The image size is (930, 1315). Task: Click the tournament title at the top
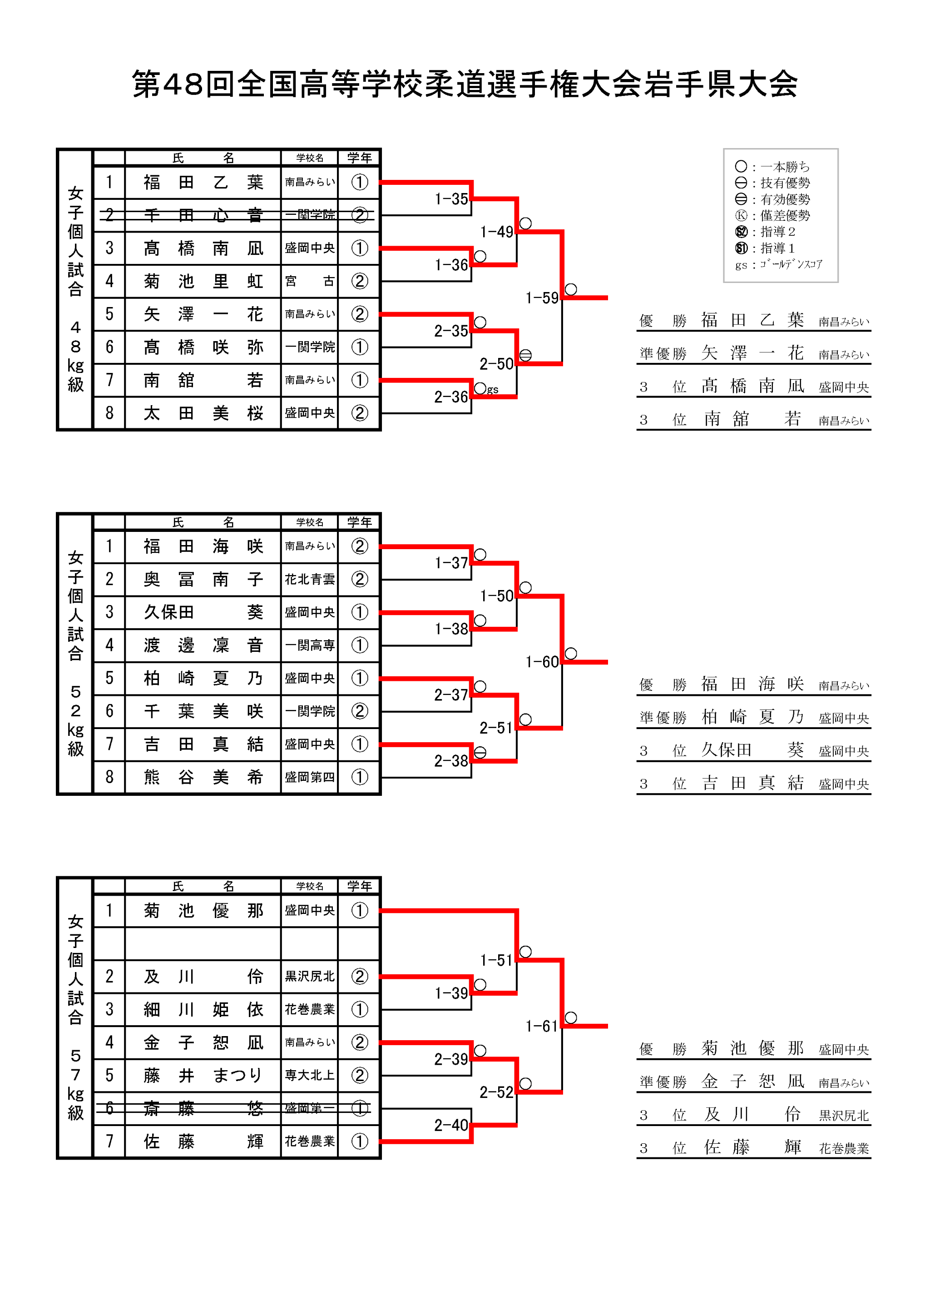[465, 84]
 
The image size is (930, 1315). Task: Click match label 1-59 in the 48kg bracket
[541, 298]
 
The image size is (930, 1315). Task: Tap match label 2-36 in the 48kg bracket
[450, 397]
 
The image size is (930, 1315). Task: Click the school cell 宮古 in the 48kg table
[309, 281]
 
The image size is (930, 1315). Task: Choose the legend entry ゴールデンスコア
[790, 265]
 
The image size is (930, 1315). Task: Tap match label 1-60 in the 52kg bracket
[541, 662]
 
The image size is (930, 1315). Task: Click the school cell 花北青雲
[309, 580]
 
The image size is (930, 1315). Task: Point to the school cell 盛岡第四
[309, 777]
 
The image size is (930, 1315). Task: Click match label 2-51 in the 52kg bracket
[496, 728]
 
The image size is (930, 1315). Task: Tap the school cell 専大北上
[309, 1076]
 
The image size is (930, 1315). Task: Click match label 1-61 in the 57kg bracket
[541, 1027]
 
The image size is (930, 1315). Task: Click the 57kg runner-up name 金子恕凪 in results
[752, 1082]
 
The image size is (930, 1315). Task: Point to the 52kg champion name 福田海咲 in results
[752, 685]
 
